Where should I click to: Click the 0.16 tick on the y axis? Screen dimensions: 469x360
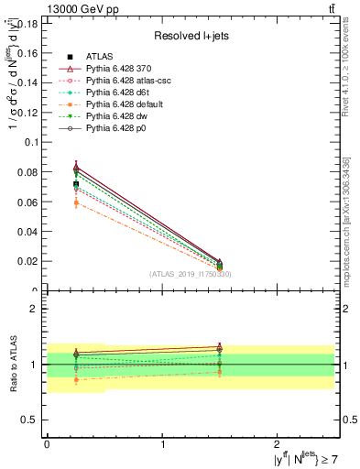click(27, 53)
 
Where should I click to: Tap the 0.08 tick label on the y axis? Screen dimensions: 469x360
click(27, 172)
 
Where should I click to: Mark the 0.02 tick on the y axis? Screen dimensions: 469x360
click(27, 261)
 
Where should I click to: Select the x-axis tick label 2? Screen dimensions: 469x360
click(280, 443)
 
